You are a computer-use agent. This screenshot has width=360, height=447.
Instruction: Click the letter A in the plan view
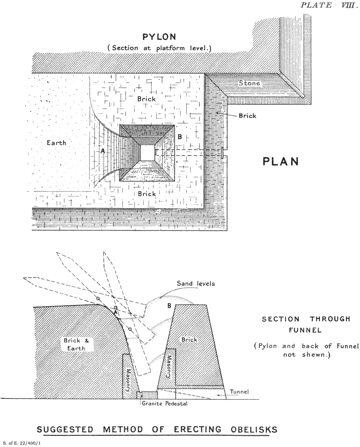[103, 152]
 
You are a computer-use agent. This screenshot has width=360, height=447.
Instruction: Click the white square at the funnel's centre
[147, 152]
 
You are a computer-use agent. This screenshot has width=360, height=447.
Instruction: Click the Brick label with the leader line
[247, 116]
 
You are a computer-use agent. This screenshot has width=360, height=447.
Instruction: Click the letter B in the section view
[170, 306]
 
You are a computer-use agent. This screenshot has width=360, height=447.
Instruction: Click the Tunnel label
[239, 392]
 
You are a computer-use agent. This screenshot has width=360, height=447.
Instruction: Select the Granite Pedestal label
[164, 403]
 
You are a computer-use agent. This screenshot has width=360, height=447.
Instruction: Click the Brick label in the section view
[189, 340]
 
